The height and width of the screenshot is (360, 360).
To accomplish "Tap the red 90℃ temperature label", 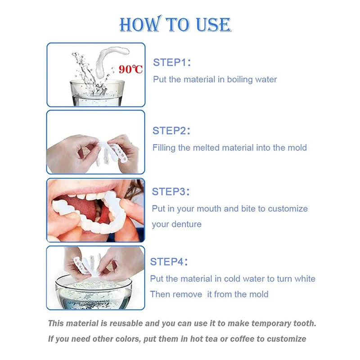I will [131, 69].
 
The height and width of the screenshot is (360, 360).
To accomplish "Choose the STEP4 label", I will [169, 261].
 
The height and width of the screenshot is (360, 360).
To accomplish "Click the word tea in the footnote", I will [213, 339].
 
